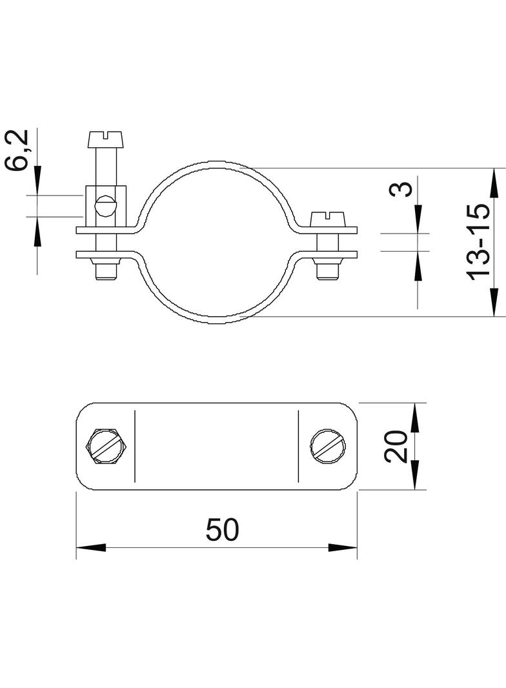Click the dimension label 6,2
17,150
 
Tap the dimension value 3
401,189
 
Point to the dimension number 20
396,446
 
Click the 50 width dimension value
223,529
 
